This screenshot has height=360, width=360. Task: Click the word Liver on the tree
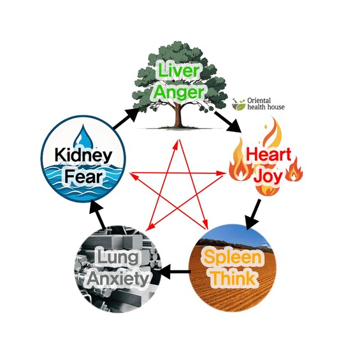click(178, 70)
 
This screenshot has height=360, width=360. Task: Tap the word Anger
click(179, 92)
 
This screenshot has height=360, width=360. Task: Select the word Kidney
click(83, 155)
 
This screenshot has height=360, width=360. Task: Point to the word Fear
click(83, 176)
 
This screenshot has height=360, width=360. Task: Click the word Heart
click(268, 154)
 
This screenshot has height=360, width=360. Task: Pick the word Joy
click(269, 176)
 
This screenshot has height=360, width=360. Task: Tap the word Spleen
click(233, 257)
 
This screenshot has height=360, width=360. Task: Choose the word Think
click(233, 278)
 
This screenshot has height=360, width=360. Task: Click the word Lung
click(118, 257)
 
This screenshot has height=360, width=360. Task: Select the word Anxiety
click(118, 279)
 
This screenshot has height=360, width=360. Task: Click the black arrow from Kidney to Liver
click(126, 118)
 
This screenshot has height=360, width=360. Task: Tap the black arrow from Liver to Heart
click(227, 122)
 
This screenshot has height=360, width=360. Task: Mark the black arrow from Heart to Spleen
click(253, 215)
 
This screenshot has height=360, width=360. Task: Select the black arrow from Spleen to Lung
click(175, 271)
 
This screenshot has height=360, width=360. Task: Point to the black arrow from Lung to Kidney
click(97, 215)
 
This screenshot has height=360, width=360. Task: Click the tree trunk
click(178, 114)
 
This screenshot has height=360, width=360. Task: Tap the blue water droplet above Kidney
click(85, 136)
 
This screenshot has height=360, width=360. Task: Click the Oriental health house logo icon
click(239, 104)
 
